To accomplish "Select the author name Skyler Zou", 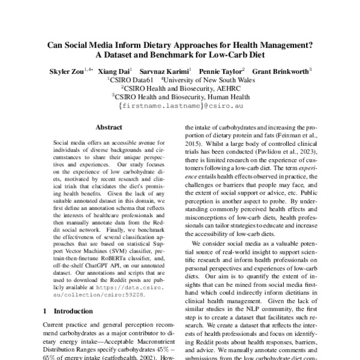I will click(x=65, y=70).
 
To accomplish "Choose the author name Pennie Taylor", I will click(x=218, y=70).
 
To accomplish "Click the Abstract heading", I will click(x=109, y=127).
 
